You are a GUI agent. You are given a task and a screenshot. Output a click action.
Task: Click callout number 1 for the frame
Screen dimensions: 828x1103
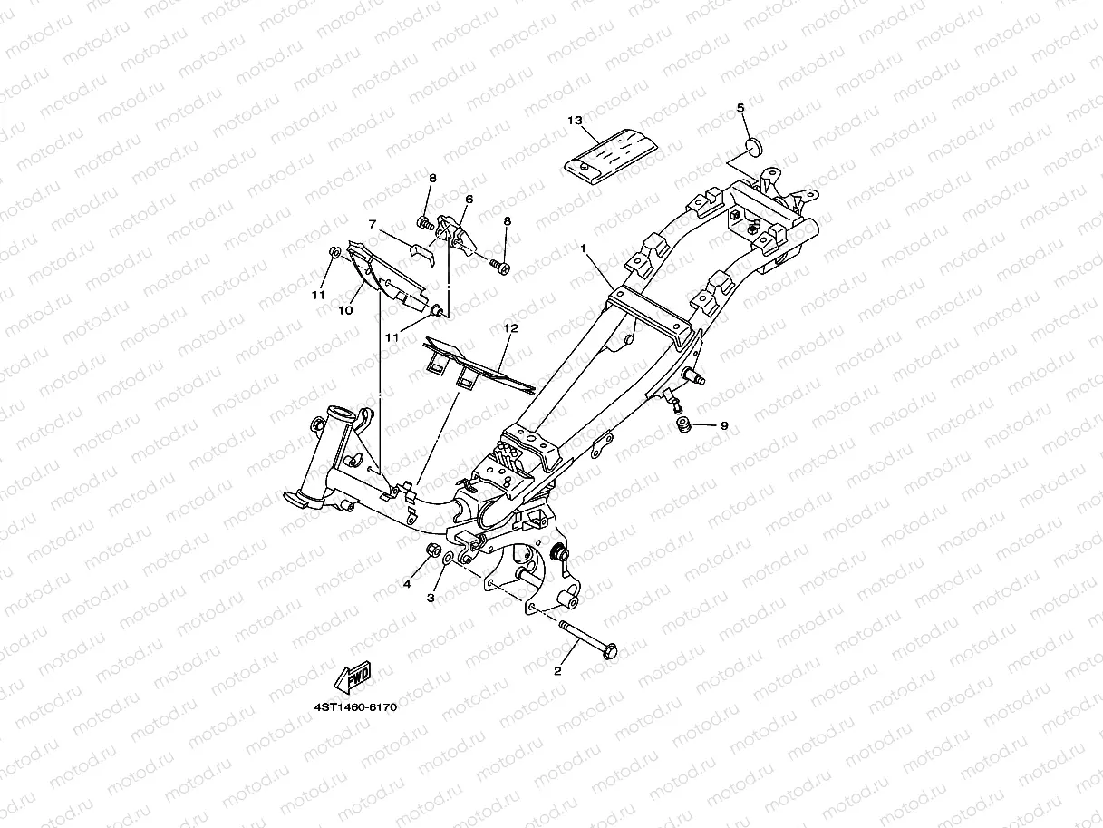pos(584,248)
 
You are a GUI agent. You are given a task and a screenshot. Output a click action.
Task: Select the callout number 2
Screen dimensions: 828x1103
pos(557,671)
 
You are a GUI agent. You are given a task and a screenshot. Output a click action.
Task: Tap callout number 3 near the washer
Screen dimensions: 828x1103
pos(431,598)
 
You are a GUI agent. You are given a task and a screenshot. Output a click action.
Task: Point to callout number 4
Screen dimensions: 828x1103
pos(408,584)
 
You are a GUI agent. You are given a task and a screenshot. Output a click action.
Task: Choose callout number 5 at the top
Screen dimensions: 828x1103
pos(740,108)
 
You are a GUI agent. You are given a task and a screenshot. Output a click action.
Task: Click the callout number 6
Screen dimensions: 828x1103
pos(469,199)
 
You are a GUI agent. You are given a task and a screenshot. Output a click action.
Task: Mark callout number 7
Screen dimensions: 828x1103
pos(372,223)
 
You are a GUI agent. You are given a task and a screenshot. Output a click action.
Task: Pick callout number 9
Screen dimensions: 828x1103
pos(723,424)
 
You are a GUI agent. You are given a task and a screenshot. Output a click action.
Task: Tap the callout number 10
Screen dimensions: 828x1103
pos(345,311)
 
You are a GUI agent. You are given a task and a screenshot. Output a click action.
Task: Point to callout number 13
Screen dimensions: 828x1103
pos(574,121)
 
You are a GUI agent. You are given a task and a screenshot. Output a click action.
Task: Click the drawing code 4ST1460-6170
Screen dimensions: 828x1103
pos(356,706)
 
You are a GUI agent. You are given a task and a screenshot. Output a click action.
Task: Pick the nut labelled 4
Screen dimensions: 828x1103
pos(434,551)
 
